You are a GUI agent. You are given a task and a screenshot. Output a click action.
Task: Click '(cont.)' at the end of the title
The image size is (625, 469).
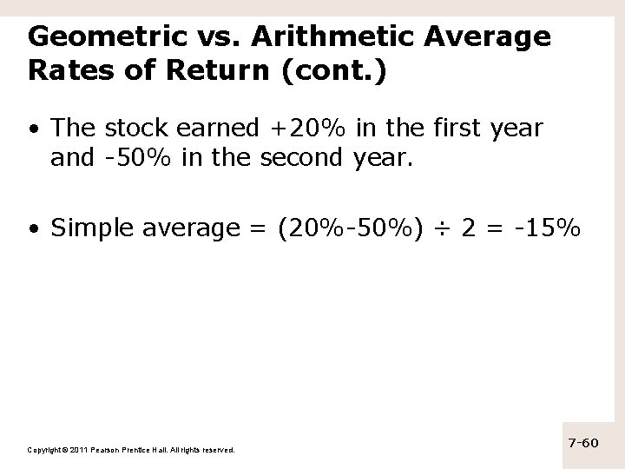(334, 71)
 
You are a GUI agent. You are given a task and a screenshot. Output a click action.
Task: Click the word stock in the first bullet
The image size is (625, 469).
(136, 129)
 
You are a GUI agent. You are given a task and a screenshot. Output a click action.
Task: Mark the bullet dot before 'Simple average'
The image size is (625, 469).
(32, 229)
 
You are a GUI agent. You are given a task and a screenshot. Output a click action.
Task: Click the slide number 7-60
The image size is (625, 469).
(583, 443)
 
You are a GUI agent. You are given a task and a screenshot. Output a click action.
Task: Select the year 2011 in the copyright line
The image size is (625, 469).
(75, 450)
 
